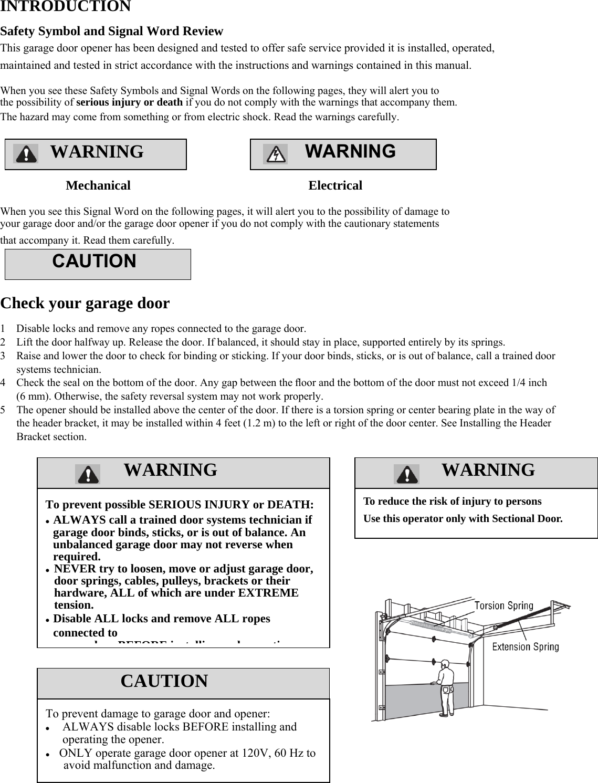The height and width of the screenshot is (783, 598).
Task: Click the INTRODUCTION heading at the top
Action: (66, 6)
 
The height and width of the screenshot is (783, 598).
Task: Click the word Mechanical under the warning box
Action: (98, 185)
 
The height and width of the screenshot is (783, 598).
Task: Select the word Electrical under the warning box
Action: (335, 185)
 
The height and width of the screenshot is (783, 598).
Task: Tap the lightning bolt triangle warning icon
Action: (275, 154)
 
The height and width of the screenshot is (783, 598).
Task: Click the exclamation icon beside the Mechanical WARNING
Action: (25, 154)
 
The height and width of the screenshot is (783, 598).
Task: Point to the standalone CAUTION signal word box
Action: (98, 264)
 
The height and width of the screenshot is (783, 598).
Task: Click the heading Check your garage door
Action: (85, 304)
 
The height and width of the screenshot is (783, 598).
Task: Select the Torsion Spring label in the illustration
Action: (503, 606)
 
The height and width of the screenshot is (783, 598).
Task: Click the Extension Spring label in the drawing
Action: (525, 647)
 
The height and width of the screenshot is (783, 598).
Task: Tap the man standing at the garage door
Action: (446, 688)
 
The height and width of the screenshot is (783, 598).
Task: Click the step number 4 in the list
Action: (4, 383)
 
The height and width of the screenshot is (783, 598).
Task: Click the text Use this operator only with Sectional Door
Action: (463, 519)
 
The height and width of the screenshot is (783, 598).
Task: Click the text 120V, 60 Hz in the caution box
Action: (265, 753)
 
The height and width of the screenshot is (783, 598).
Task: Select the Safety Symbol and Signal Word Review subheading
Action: (112, 32)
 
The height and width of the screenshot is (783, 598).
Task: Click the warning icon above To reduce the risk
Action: (406, 474)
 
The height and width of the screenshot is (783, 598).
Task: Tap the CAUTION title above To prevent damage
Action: (164, 681)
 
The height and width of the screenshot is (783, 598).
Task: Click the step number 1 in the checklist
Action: (4, 329)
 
